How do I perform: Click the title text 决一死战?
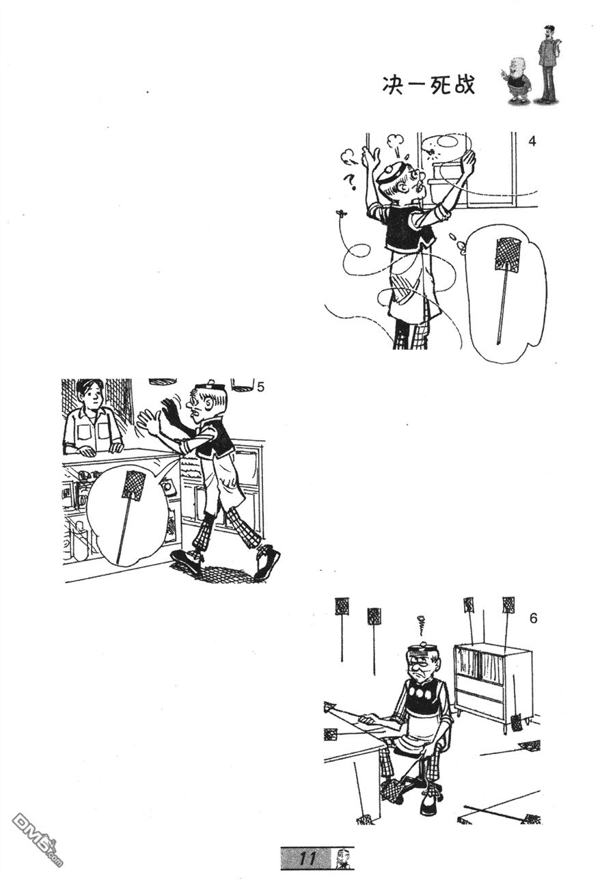[x=428, y=85]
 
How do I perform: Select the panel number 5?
[x=260, y=388]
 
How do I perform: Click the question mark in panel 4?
[x=350, y=182]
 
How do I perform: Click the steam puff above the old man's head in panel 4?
[x=394, y=141]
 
